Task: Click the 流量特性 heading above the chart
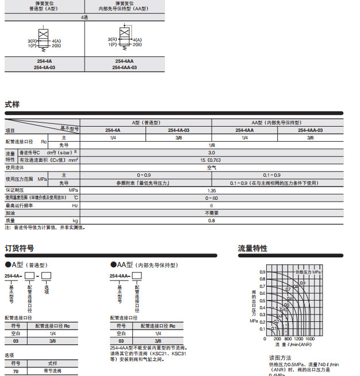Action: click(x=252, y=249)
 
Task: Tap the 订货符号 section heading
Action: click(x=19, y=249)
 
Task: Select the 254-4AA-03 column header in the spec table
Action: click(x=311, y=131)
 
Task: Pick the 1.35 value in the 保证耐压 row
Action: click(x=212, y=189)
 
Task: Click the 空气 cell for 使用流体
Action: click(x=212, y=168)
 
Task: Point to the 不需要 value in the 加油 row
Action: click(x=212, y=212)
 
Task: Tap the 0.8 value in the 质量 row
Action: click(x=212, y=220)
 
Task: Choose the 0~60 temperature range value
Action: click(x=212, y=198)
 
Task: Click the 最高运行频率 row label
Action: click(x=20, y=205)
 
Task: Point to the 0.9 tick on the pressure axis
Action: click(x=262, y=271)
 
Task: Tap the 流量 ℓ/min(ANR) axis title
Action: click(x=293, y=345)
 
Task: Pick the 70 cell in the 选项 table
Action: click(x=16, y=372)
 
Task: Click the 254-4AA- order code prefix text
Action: click(x=120, y=276)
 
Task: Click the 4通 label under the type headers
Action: click(x=85, y=18)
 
